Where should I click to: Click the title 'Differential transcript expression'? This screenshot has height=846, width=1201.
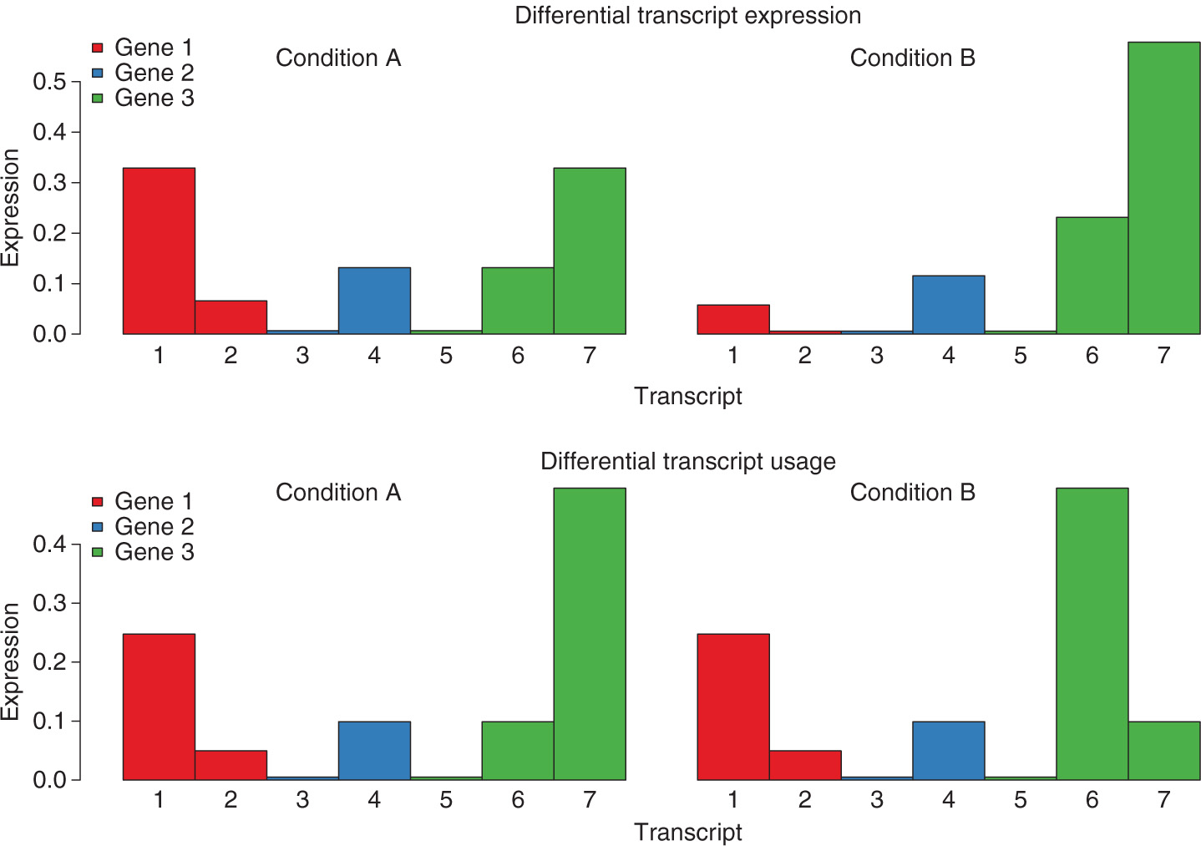tap(687, 15)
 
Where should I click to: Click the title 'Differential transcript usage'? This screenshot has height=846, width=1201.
tap(687, 461)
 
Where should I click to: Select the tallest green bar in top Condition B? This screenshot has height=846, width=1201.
tap(1163, 188)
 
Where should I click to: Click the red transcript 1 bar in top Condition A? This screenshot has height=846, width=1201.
tap(159, 251)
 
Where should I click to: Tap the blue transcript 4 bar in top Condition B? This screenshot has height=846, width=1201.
tap(948, 304)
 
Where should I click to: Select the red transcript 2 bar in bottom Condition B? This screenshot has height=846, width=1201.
tap(804, 764)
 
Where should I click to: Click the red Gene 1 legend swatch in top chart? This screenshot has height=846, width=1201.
tap(98, 48)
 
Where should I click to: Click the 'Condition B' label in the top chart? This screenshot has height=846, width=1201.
tap(912, 58)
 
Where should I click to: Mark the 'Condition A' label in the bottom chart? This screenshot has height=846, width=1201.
tap(338, 493)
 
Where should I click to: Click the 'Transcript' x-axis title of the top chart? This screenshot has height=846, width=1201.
tap(687, 396)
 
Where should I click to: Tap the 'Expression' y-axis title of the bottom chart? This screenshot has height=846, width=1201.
tap(11, 661)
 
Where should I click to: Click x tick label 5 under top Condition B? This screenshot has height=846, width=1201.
tap(1020, 357)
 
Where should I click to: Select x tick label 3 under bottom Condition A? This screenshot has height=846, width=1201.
tap(302, 800)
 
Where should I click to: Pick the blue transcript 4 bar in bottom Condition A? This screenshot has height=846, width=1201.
tap(374, 750)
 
